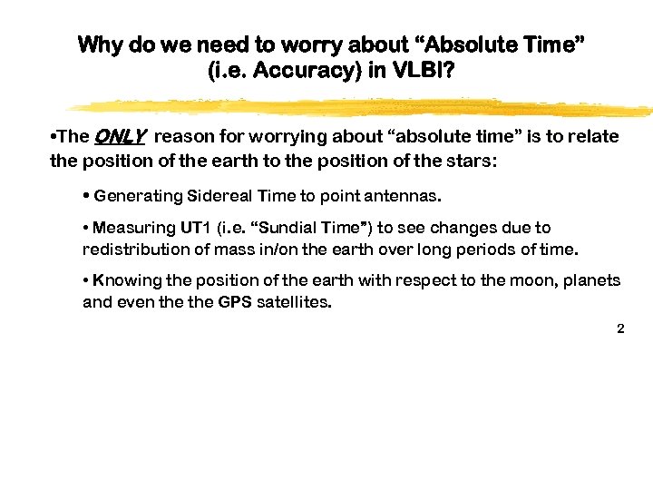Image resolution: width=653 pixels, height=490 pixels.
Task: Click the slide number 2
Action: click(620, 328)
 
